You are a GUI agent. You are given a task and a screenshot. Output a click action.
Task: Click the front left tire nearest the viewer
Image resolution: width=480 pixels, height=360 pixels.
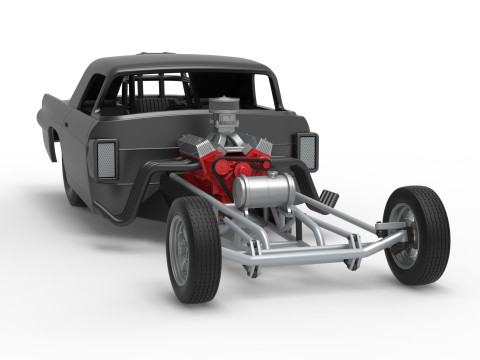click(x=193, y=250)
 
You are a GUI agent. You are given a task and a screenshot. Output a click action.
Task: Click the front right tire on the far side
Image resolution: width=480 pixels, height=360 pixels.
click(x=418, y=235)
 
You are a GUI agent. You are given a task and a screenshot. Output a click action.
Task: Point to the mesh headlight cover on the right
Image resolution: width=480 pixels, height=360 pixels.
click(x=307, y=150)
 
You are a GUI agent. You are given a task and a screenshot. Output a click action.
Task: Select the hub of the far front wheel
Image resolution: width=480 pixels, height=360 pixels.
click(x=402, y=233)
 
